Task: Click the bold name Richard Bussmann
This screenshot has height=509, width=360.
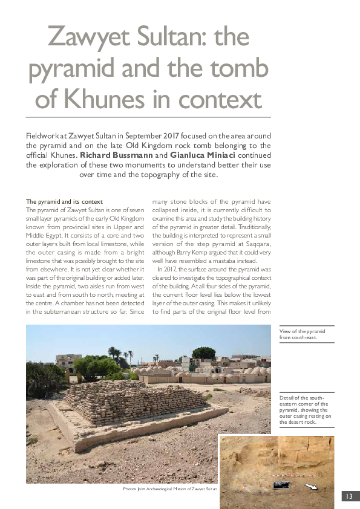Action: [114, 155]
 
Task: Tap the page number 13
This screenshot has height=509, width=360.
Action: [349, 496]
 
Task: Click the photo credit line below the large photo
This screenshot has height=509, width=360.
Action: [169, 488]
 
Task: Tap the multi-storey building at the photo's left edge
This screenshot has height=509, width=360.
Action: [68, 363]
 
